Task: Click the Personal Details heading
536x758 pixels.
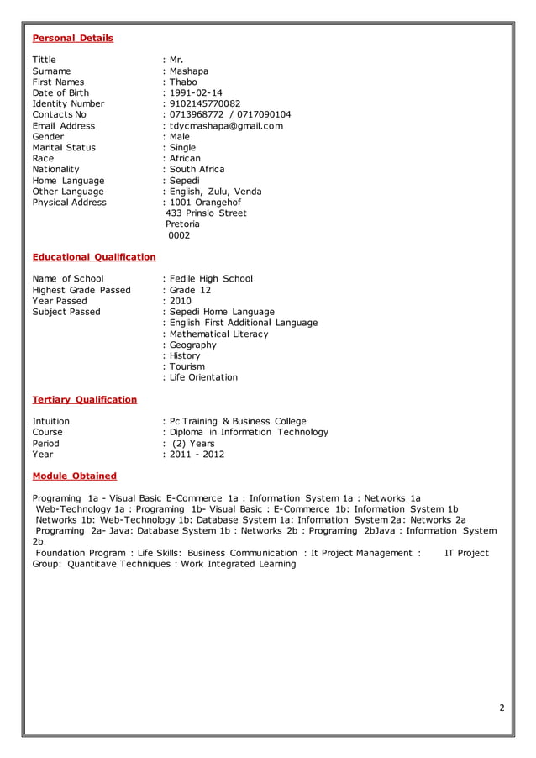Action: [x=72, y=38]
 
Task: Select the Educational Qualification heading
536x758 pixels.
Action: [x=93, y=256]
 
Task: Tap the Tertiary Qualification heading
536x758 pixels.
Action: [x=84, y=399]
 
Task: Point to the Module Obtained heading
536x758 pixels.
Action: [x=74, y=476]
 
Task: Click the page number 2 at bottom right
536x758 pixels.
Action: [x=502, y=708]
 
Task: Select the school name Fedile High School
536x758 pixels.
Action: [x=211, y=279]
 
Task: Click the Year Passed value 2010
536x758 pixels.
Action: [x=181, y=301]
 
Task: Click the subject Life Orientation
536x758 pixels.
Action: [x=203, y=377]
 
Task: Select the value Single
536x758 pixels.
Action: [x=182, y=147]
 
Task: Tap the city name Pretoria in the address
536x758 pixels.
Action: [x=182, y=224]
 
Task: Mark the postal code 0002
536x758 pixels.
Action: [x=179, y=235]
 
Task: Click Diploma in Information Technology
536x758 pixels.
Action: [x=249, y=432]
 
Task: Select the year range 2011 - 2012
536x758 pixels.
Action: [x=197, y=454]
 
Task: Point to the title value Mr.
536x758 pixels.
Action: [x=176, y=60]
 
